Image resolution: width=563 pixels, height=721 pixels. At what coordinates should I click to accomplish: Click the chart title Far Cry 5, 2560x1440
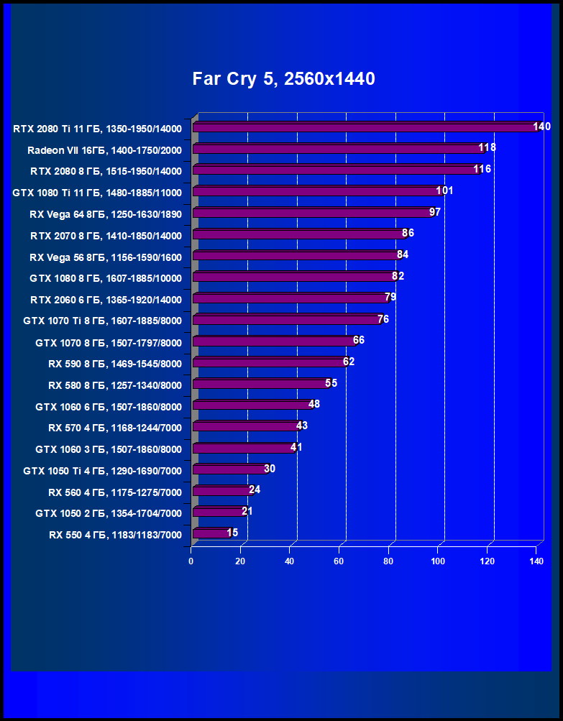pyautogui.click(x=283, y=79)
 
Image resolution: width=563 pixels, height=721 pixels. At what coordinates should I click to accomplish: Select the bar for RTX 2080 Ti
pyautogui.click(x=363, y=128)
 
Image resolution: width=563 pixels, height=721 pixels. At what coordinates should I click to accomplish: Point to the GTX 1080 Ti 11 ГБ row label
pyautogui.click(x=97, y=193)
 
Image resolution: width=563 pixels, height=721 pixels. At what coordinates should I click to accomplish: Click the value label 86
pyautogui.click(x=408, y=233)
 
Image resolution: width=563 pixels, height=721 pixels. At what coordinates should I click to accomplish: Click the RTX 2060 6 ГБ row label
pyautogui.click(x=106, y=300)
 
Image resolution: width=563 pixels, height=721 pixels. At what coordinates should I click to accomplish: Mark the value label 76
pyautogui.click(x=383, y=318)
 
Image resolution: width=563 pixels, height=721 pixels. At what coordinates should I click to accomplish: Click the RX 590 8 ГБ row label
pyautogui.click(x=115, y=364)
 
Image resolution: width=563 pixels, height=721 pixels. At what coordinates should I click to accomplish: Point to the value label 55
pyautogui.click(x=331, y=382)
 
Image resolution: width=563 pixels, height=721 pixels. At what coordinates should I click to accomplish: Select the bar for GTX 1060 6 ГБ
pyautogui.click(x=252, y=405)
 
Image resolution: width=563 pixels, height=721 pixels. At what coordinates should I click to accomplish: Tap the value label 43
pyautogui.click(x=302, y=426)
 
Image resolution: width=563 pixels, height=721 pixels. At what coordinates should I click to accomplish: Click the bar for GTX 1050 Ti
pyautogui.click(x=229, y=469)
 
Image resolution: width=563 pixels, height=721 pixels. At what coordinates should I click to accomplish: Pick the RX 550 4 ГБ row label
pyautogui.click(x=115, y=535)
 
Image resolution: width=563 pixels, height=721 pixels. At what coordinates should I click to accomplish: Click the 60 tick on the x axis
pyautogui.click(x=339, y=561)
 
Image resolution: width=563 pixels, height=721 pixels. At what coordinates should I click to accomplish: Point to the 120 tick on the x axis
pyautogui.click(x=487, y=561)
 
